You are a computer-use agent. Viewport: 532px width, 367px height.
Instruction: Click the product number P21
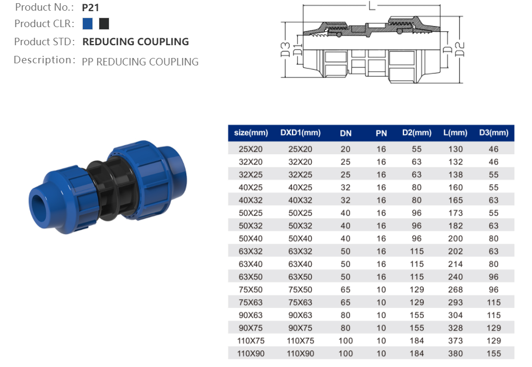tap(91, 8)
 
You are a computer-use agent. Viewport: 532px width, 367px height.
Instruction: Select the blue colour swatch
tap(88, 24)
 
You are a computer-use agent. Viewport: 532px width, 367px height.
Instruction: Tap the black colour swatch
tap(104, 24)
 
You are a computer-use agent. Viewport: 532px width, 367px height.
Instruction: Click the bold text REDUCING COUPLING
tap(135, 42)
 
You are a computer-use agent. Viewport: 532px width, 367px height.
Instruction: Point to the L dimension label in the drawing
tap(371, 6)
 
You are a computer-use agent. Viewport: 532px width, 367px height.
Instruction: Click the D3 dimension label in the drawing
tap(285, 49)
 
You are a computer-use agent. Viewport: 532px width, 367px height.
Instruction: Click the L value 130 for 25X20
tap(455, 149)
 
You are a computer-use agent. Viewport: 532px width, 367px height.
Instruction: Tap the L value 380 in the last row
tap(455, 354)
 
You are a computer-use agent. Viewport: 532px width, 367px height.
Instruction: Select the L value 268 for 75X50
tap(455, 290)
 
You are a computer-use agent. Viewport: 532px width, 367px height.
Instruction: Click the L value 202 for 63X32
tap(455, 252)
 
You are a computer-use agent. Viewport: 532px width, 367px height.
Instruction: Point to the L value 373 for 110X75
tap(455, 341)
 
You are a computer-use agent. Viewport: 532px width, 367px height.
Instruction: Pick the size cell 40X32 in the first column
tap(251, 201)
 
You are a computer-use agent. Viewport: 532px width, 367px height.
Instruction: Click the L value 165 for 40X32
tap(455, 201)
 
